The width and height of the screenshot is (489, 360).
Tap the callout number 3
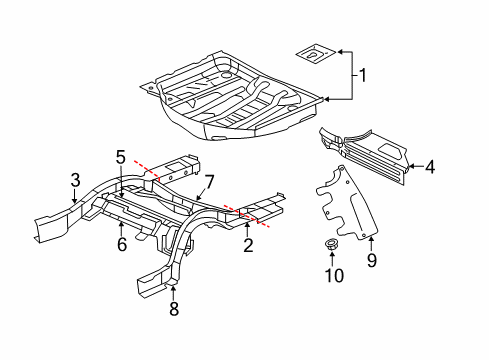(74, 180)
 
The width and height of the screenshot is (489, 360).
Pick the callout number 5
(120, 156)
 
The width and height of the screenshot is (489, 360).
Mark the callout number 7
(210, 180)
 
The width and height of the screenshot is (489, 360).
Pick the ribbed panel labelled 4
(365, 150)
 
